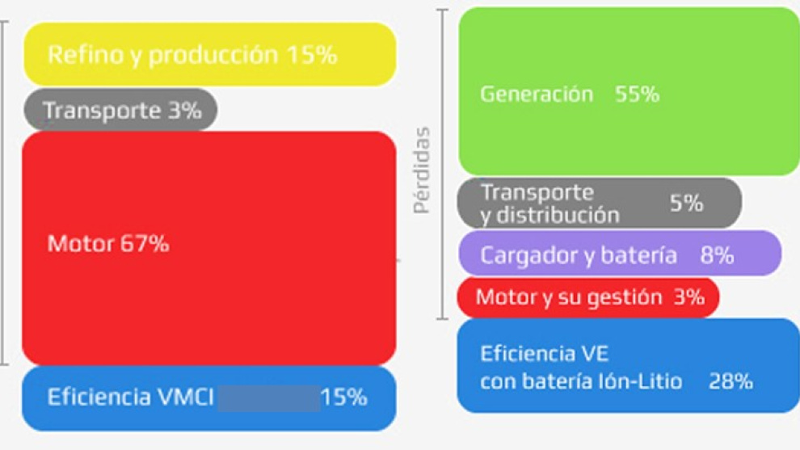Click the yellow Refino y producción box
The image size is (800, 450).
[208, 54]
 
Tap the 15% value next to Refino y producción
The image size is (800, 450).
[311, 55]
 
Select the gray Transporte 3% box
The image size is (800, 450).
[120, 110]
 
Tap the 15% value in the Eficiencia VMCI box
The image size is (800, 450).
[343, 397]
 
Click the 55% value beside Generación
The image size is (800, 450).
[637, 95]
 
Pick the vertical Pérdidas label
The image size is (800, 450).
[421, 170]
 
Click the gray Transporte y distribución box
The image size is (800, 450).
[599, 204]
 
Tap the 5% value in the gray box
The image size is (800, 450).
[686, 204]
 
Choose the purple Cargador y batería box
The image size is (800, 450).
[620, 254]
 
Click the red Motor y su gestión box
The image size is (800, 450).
[587, 297]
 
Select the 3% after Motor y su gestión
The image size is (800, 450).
[688, 297]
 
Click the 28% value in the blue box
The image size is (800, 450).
[731, 381]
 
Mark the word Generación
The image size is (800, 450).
[537, 95]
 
